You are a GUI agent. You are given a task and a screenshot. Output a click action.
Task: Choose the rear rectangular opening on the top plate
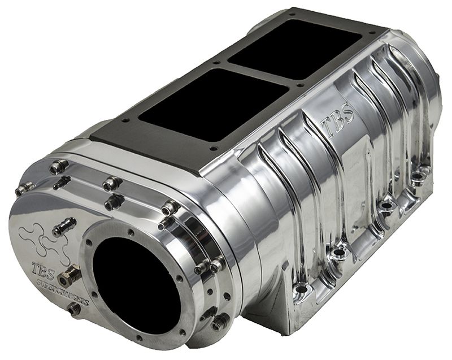[294, 49]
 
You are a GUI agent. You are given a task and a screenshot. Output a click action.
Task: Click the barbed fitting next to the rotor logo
[64, 226]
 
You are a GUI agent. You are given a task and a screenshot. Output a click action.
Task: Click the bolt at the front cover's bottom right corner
[218, 323]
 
